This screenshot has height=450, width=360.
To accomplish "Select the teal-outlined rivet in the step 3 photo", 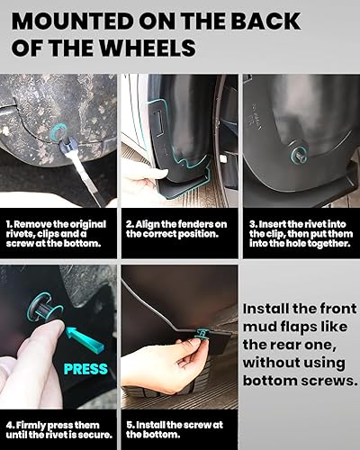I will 296,154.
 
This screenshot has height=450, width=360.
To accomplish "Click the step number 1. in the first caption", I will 9,222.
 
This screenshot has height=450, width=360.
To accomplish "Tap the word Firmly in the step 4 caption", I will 30,423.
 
